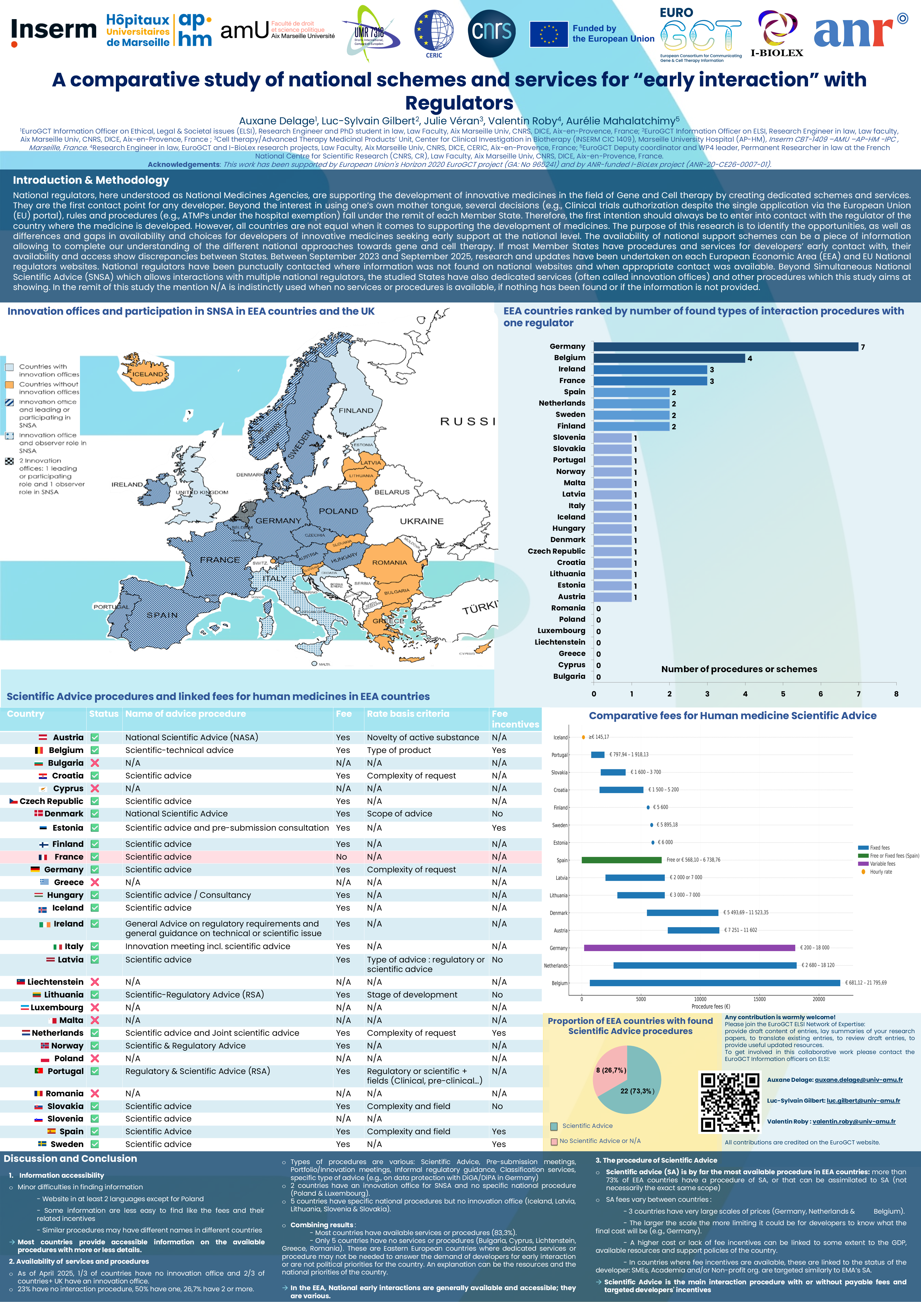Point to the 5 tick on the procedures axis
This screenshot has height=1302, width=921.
click(783, 694)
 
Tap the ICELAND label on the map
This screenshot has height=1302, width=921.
click(147, 374)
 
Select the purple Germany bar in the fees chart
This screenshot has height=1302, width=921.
click(689, 948)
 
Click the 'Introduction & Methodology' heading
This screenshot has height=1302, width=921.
click(91, 180)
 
